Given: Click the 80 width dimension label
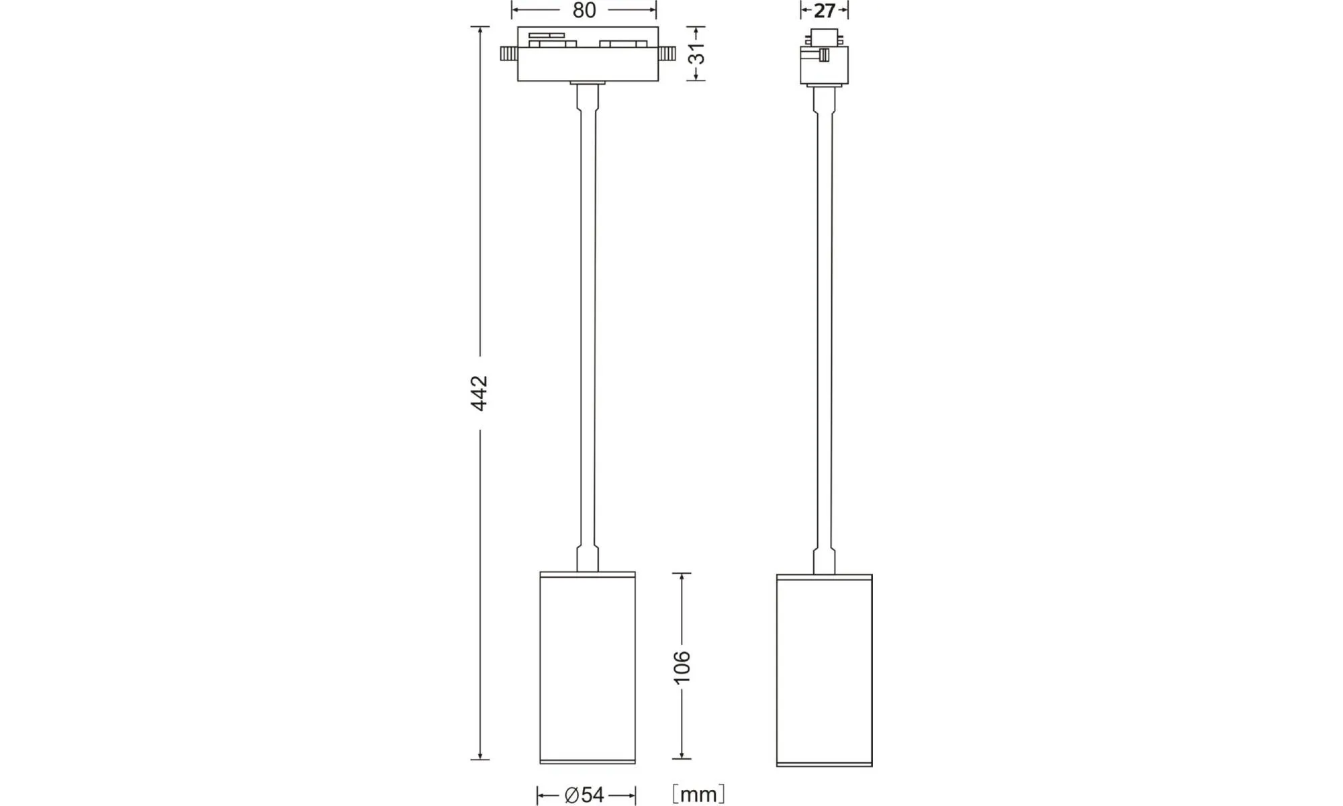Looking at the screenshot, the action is [584, 10].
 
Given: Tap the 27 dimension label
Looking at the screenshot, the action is [824, 11].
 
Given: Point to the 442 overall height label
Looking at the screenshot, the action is [479, 393].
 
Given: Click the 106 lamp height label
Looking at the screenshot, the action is [682, 667].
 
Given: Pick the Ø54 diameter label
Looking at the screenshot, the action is [584, 795].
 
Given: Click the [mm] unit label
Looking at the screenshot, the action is [698, 795].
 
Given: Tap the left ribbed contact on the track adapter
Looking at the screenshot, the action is [508, 54].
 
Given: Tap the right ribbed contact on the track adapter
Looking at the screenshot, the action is [667, 54].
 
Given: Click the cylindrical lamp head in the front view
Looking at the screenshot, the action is [588, 668].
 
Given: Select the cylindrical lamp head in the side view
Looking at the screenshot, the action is [824, 670].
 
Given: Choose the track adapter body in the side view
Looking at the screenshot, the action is [824, 56].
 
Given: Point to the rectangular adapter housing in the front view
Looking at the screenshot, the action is [588, 54].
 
